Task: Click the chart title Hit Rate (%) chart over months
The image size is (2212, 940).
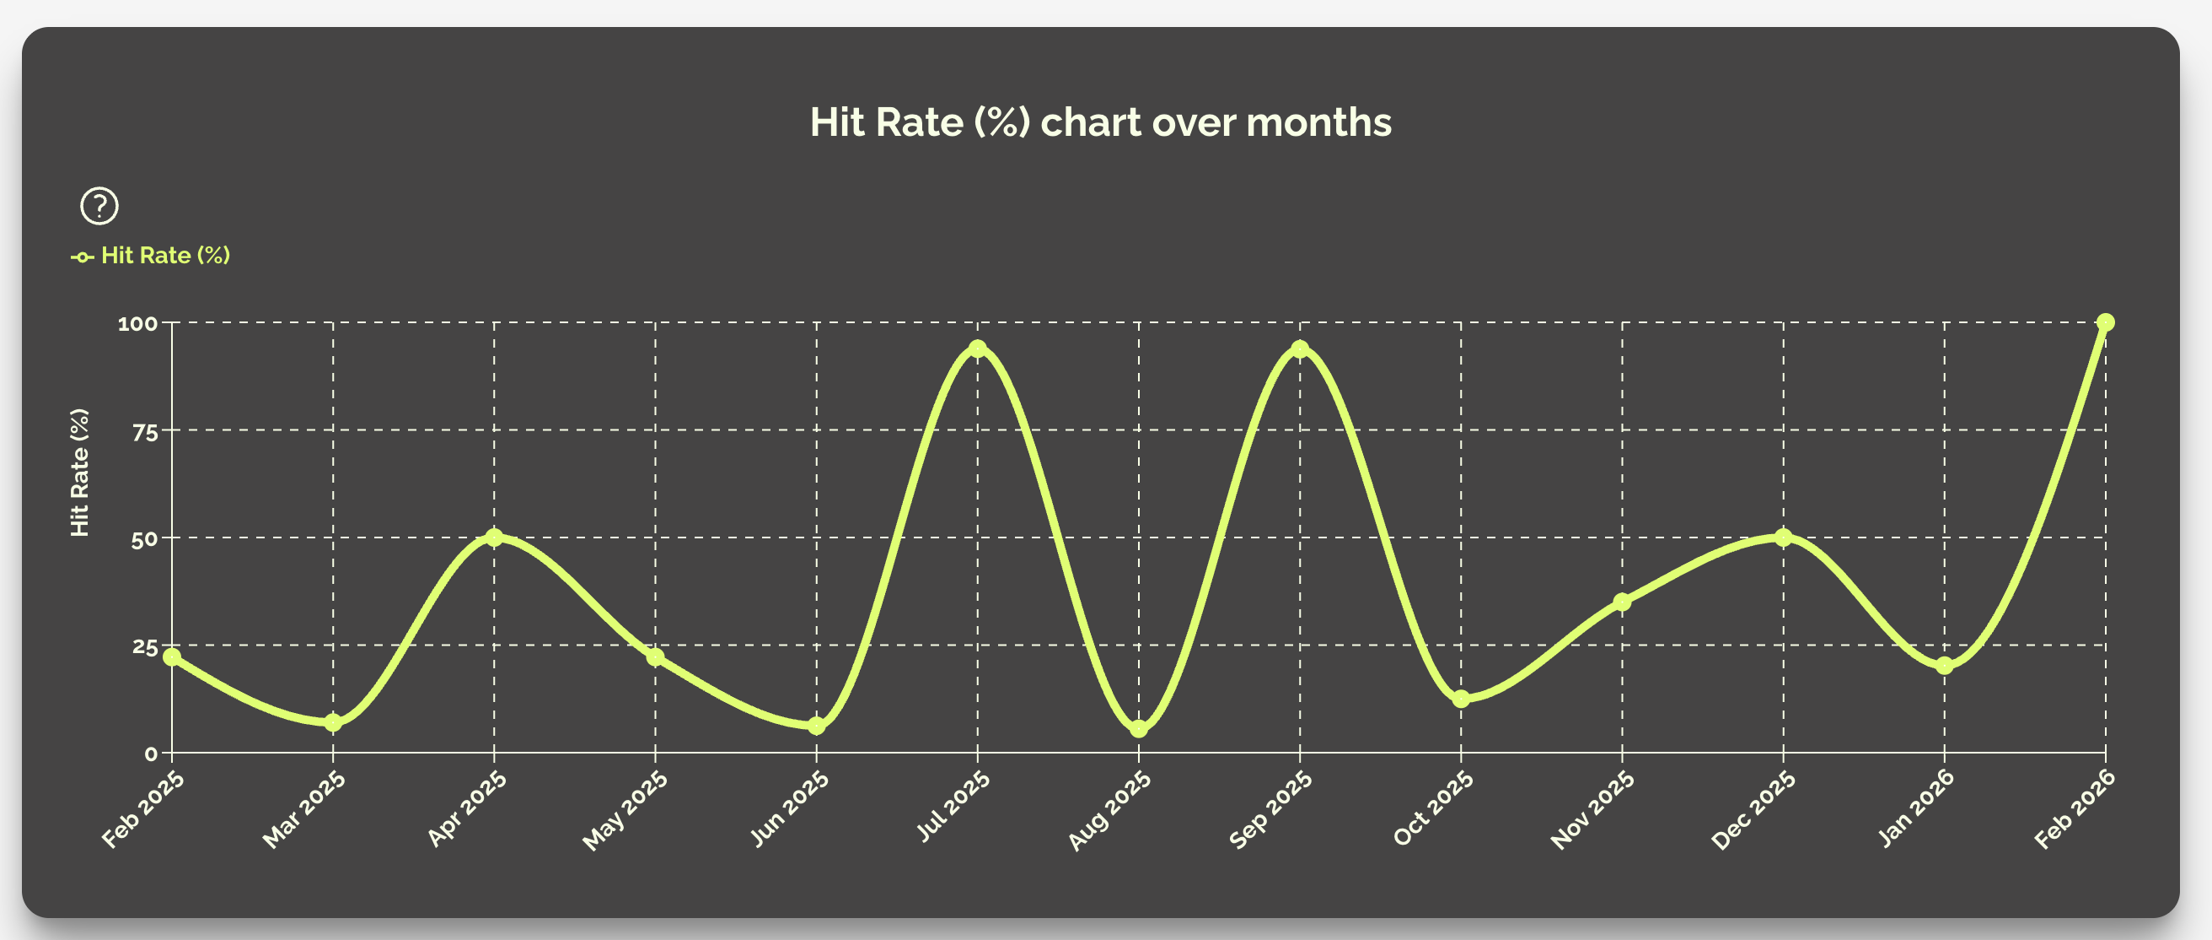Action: pyautogui.click(x=1100, y=122)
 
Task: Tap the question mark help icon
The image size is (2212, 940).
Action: pyautogui.click(x=99, y=206)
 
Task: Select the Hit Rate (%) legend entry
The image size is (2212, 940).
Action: pyautogui.click(x=151, y=255)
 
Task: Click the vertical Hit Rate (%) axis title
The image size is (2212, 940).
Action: pyautogui.click(x=80, y=473)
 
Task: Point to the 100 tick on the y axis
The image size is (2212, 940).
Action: pyautogui.click(x=138, y=324)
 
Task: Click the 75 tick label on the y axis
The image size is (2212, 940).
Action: pyautogui.click(x=146, y=431)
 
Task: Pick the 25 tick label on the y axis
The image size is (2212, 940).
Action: pyautogui.click(x=146, y=646)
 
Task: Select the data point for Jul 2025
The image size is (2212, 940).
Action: pyautogui.click(x=977, y=348)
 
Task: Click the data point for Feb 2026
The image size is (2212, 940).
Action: pyautogui.click(x=2106, y=322)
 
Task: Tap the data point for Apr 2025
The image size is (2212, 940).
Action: pyautogui.click(x=494, y=537)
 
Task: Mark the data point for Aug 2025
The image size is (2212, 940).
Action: pyautogui.click(x=1139, y=729)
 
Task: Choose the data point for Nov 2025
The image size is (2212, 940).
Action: pyautogui.click(x=1622, y=602)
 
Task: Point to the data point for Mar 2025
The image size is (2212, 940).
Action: pyautogui.click(x=333, y=722)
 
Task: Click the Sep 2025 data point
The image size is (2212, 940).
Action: pyautogui.click(x=1300, y=348)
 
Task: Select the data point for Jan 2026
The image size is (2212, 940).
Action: pyautogui.click(x=1944, y=666)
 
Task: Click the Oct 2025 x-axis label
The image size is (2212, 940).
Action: pyautogui.click(x=1432, y=808)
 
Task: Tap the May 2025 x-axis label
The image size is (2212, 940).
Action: pyautogui.click(x=625, y=810)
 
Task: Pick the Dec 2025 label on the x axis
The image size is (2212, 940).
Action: pyautogui.click(x=1753, y=810)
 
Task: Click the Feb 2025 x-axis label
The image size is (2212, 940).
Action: pyautogui.click(x=143, y=809)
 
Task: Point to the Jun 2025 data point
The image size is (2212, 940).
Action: pyautogui.click(x=817, y=726)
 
